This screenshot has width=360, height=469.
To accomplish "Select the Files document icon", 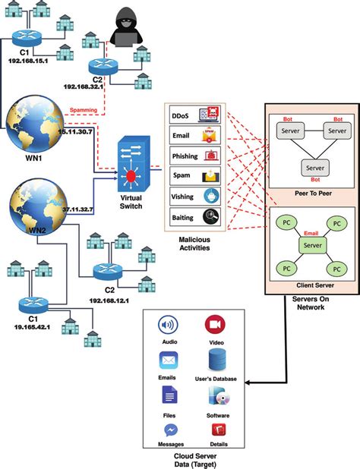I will coord(169,395).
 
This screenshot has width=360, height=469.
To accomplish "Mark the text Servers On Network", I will coord(311,301).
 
